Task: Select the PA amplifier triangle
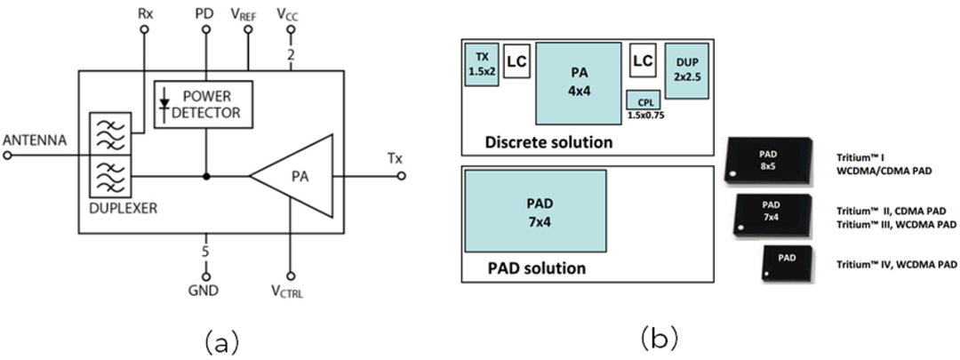293,176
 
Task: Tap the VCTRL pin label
290,291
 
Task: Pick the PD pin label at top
205,14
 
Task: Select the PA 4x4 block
577,83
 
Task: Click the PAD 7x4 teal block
535,210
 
